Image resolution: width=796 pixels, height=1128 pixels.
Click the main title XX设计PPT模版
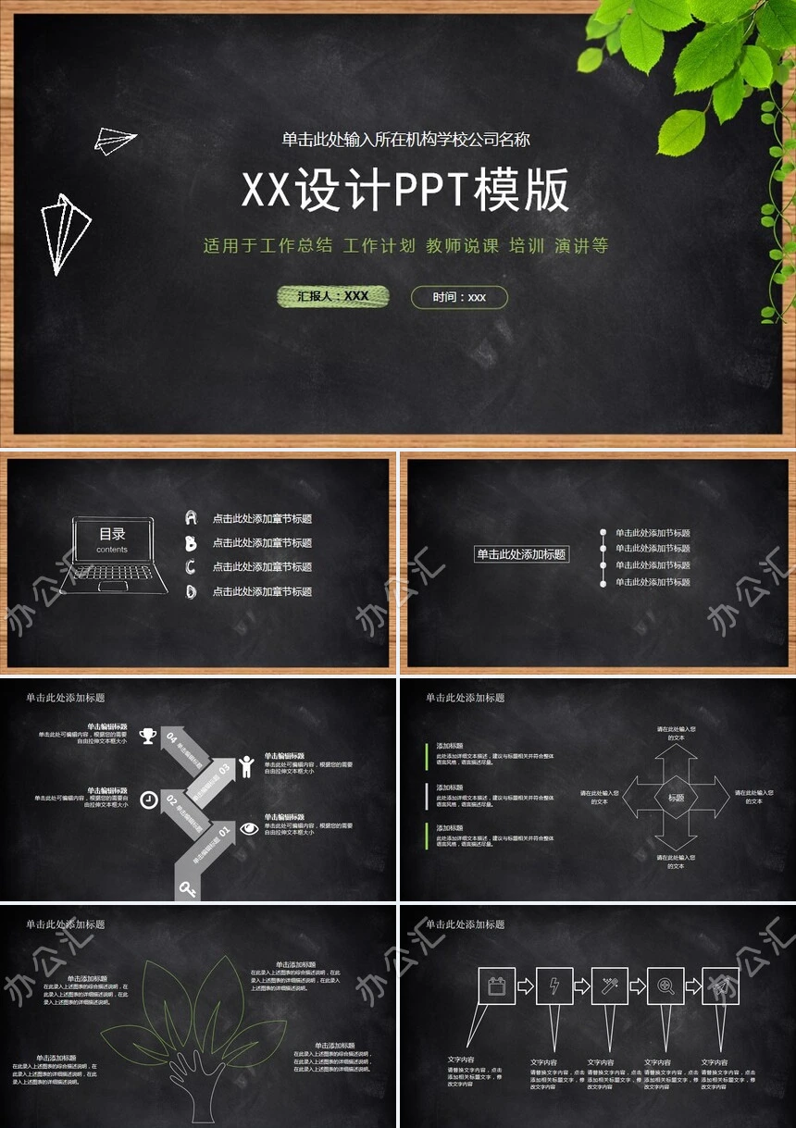(x=405, y=192)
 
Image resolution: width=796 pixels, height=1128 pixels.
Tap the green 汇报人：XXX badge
(x=333, y=296)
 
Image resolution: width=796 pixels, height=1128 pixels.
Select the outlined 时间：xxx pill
(x=459, y=297)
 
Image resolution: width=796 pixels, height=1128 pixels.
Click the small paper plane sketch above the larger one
(x=115, y=141)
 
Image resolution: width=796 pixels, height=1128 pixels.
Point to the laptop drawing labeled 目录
(x=114, y=555)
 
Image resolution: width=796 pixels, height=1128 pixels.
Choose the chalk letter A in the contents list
(x=192, y=518)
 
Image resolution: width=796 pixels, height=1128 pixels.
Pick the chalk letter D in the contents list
(x=192, y=591)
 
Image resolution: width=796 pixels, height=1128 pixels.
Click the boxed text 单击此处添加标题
(x=521, y=554)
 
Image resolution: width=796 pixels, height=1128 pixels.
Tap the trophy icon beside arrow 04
(x=148, y=736)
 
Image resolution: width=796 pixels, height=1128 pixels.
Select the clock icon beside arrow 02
(x=148, y=800)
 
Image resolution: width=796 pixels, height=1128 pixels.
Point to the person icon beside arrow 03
(x=246, y=766)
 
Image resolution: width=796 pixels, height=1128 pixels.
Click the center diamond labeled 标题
(x=676, y=798)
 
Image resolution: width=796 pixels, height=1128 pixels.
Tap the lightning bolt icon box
(x=554, y=986)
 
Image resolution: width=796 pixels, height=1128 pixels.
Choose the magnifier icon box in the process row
(x=665, y=986)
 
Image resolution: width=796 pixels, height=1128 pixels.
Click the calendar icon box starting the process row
(x=497, y=986)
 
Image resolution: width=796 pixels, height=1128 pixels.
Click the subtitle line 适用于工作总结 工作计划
(x=405, y=246)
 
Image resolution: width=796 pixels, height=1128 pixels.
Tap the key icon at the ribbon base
(x=188, y=889)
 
